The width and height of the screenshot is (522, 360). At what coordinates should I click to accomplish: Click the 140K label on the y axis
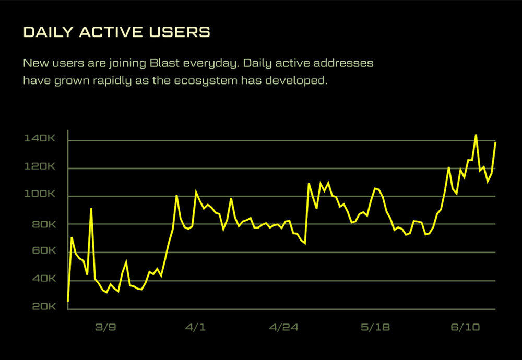[40, 139]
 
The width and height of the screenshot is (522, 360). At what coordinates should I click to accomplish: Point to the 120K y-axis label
[40, 167]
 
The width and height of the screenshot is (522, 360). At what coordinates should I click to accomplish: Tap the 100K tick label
[40, 195]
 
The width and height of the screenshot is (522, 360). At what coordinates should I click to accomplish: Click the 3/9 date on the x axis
[105, 328]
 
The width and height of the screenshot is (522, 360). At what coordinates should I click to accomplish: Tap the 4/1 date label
[195, 328]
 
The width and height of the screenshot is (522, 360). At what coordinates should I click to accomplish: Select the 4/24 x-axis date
[283, 328]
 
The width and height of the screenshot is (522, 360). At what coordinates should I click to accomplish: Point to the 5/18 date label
[375, 328]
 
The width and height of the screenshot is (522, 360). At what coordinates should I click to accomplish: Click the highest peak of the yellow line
[476, 135]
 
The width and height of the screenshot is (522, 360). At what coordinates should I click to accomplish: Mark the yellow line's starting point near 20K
[68, 301]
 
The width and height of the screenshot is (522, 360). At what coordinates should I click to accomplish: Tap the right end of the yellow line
[495, 142]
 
